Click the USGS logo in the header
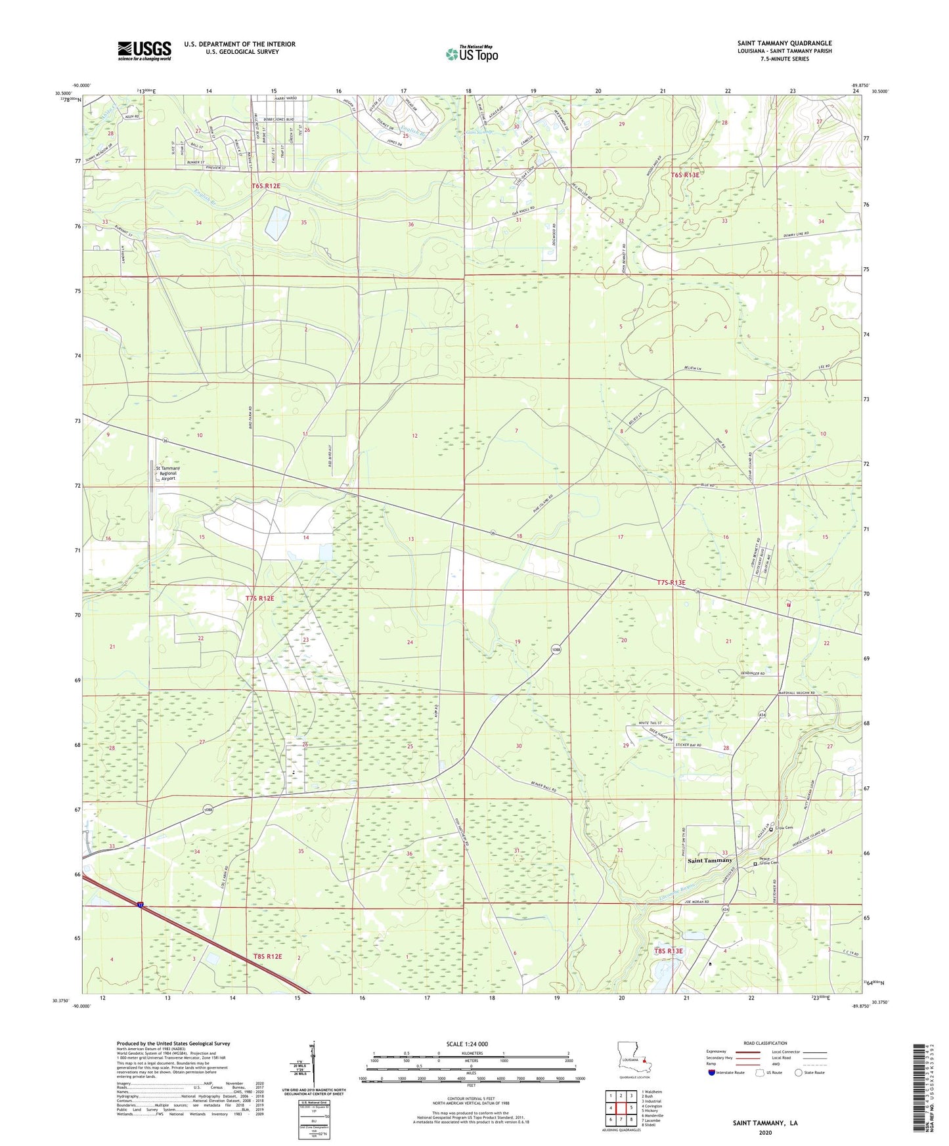144,51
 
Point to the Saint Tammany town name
709,860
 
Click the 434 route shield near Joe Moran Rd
725,910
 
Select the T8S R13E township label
669,950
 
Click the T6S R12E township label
266,186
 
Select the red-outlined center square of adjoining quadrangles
621,1108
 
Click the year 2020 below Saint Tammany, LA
765,1132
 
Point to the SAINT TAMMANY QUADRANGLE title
784,43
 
